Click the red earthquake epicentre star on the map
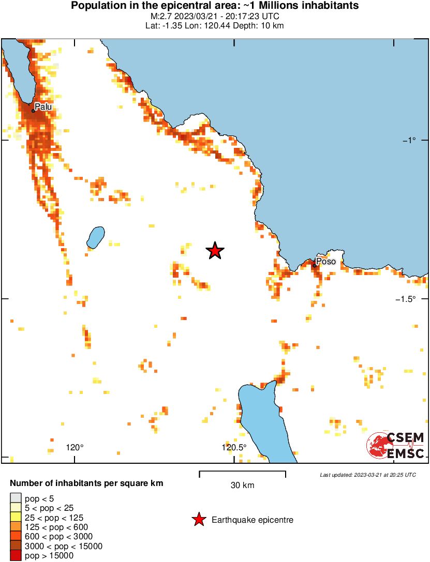[x=215, y=251]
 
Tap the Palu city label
[x=43, y=107]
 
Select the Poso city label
[x=326, y=262]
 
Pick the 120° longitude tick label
[x=75, y=447]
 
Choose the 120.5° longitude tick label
[x=234, y=447]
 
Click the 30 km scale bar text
[x=242, y=485]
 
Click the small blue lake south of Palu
[x=95, y=237]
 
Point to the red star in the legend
[x=198, y=520]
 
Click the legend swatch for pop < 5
[x=16, y=498]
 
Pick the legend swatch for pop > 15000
[x=16, y=556]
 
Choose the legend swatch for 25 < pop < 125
[x=16, y=518]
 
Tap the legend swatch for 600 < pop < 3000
[x=16, y=537]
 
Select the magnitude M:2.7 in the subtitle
[x=158, y=16]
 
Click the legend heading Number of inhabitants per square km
[x=87, y=484]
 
